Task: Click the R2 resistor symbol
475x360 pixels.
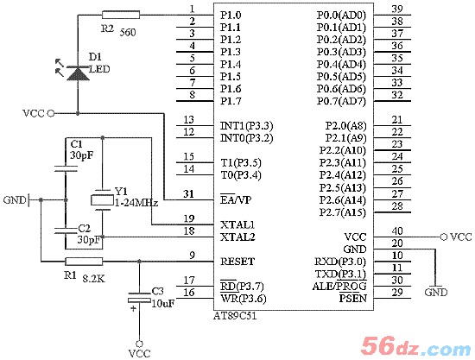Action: coord(121,15)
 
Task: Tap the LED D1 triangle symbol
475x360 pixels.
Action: coord(78,73)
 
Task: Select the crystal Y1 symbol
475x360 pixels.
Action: coord(102,200)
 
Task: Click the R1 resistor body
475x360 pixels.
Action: coord(84,262)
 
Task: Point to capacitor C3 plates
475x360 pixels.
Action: coord(139,297)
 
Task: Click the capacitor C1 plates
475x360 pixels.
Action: coord(66,168)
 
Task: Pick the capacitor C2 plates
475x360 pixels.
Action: coord(66,231)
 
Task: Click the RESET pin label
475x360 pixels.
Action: coord(237,262)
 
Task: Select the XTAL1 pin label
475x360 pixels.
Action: coord(237,224)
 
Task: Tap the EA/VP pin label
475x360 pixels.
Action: coord(236,199)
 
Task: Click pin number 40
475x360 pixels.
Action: coord(397,231)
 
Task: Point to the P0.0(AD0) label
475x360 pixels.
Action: coord(341,16)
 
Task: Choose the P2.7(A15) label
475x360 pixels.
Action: coord(343,212)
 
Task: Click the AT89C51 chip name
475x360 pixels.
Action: coord(235,316)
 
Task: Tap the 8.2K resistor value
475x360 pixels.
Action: coord(94,279)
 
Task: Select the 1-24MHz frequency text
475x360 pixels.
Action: coord(136,203)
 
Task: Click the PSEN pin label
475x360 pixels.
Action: coord(353,298)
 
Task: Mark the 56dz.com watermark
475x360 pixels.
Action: coord(415,346)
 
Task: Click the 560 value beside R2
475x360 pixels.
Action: coord(128,32)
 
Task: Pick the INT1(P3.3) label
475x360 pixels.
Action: coord(247,126)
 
